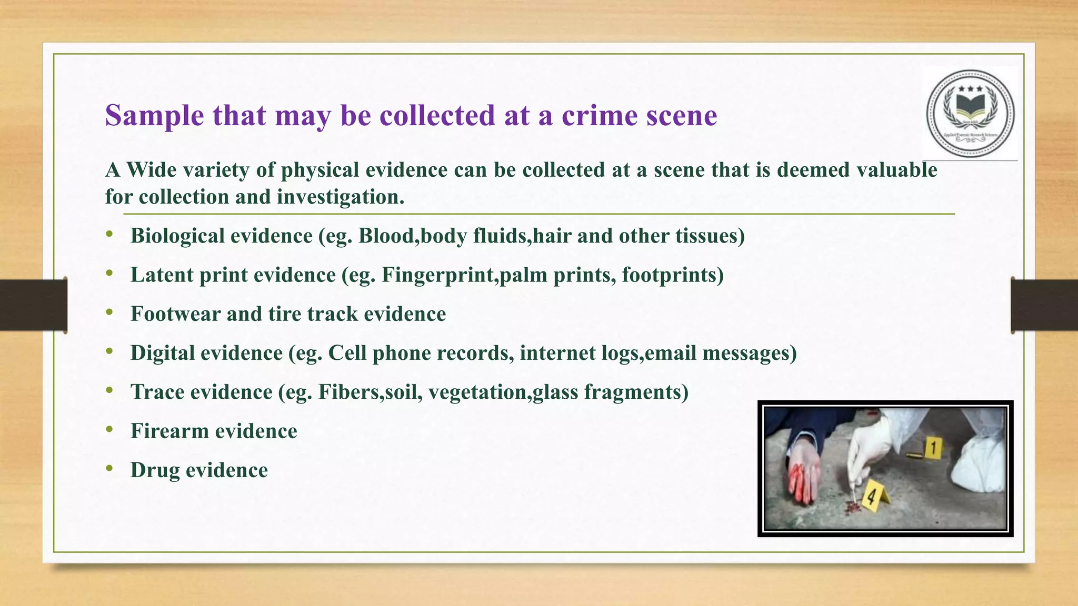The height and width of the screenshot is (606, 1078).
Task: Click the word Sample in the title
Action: pos(154,116)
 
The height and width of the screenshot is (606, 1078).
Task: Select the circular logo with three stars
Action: pos(970,114)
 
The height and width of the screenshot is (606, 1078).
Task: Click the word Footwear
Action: pos(175,314)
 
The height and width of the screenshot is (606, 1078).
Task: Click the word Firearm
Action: pos(169,431)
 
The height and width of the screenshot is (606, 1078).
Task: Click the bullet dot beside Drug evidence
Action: pos(109,468)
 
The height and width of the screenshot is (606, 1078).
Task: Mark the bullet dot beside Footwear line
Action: pos(109,312)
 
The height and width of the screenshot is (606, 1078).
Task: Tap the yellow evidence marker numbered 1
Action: pos(933,448)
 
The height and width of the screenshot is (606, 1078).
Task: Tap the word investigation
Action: pos(341,197)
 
